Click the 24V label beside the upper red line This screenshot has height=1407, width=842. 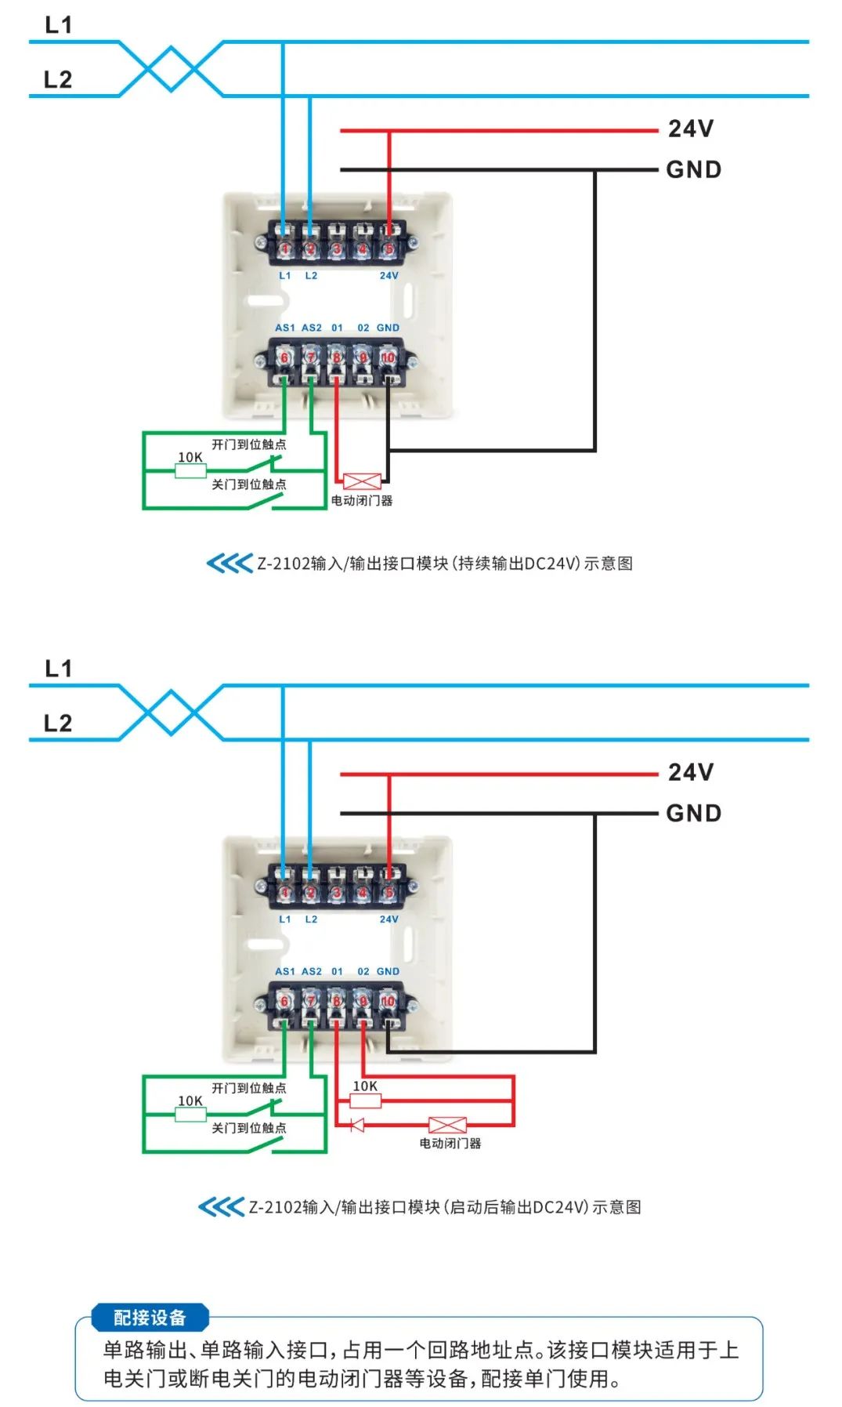(690, 129)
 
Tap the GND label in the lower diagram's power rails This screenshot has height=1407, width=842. (693, 813)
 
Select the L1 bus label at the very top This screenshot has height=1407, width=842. (59, 25)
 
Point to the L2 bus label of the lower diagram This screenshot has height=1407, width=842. (58, 723)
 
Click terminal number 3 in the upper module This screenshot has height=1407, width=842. (336, 249)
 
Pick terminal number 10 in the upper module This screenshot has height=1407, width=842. (388, 358)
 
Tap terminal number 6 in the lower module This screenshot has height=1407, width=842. (285, 1002)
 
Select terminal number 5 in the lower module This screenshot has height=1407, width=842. (388, 893)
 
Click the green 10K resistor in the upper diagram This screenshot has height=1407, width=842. (190, 470)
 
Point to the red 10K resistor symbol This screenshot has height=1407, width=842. (365, 1101)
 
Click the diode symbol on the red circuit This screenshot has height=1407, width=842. (357, 1126)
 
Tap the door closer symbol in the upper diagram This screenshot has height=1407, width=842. (362, 481)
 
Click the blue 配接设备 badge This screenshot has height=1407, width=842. (150, 1318)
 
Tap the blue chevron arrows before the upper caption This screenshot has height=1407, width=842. (229, 563)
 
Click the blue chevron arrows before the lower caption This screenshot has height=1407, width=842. (221, 1206)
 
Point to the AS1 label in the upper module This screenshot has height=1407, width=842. (285, 328)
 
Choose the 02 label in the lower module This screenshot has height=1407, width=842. (363, 971)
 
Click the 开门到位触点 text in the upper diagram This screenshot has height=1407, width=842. (249, 444)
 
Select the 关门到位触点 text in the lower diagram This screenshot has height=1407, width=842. (249, 1128)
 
